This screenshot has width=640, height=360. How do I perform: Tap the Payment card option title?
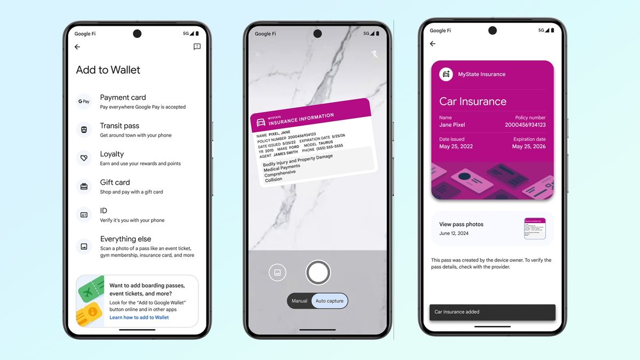point(123,98)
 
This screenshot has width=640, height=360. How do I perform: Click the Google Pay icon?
point(84,101)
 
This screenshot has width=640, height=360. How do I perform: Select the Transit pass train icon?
point(84,130)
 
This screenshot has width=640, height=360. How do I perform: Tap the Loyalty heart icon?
point(84,158)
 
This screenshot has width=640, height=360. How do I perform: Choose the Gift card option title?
point(115,182)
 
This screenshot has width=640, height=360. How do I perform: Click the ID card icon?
point(84,214)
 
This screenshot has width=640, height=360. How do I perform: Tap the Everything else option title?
point(125,239)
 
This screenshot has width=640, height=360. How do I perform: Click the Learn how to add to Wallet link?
point(139,317)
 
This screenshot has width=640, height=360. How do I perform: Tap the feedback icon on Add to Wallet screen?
point(197,47)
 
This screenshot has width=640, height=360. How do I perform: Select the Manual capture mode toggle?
point(299,301)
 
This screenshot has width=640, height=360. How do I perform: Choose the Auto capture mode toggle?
point(329,301)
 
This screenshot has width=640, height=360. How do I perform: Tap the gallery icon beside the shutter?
point(277,272)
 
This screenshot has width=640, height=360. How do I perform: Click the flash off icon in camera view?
point(374,54)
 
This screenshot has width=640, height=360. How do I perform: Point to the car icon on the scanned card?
point(261,122)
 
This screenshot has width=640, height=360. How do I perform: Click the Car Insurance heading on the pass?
point(473,101)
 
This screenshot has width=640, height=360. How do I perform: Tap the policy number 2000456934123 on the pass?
point(525,125)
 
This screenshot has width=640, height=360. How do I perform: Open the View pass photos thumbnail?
point(534,228)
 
